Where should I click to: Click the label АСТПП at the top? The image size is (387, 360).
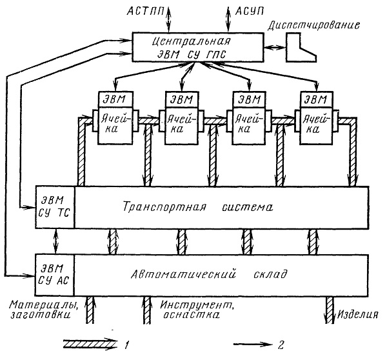click(145, 11)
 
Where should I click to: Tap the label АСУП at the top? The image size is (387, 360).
click(249, 11)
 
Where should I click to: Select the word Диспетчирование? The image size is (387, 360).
click(313, 25)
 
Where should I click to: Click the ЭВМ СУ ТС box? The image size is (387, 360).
click(55, 207)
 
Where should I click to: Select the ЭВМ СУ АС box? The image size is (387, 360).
click(55, 275)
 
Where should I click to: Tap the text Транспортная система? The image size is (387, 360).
click(198, 207)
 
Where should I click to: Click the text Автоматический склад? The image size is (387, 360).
click(209, 274)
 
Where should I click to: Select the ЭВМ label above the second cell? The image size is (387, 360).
click(182, 99)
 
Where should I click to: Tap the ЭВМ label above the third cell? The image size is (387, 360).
click(249, 99)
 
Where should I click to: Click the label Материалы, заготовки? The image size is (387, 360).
click(44, 310)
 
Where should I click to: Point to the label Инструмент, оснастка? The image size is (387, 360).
click(197, 310)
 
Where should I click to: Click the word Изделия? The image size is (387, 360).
click(358, 314)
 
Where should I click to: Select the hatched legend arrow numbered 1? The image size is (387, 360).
click(91, 344)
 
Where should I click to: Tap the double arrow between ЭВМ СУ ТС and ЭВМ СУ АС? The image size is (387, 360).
click(56, 241)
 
